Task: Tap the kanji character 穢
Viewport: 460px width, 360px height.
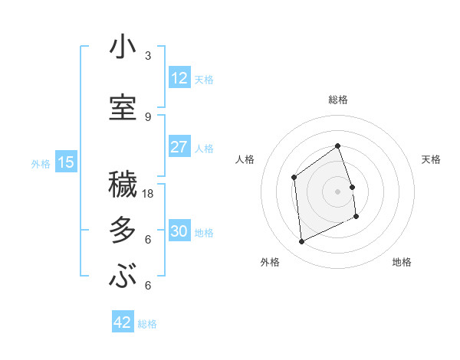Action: (x=123, y=186)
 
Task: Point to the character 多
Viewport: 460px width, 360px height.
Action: (x=123, y=231)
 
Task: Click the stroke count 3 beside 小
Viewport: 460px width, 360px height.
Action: (x=148, y=56)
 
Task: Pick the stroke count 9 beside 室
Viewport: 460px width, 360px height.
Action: (x=148, y=116)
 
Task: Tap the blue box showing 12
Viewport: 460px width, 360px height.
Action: (x=179, y=78)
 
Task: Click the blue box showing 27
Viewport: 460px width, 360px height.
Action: (x=179, y=147)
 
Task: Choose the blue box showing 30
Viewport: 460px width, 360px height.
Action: (x=179, y=231)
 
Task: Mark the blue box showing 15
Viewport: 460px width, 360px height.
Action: (x=66, y=162)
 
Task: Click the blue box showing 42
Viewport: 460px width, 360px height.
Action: (x=122, y=322)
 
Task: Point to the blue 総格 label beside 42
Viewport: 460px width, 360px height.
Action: (x=147, y=324)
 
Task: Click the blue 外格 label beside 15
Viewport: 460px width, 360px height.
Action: (x=41, y=163)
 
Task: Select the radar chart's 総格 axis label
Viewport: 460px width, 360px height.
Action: (x=337, y=100)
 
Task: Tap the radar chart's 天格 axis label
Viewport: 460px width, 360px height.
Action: (x=431, y=159)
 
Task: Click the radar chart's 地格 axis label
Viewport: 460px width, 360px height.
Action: (x=401, y=262)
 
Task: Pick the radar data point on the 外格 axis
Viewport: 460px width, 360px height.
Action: (x=301, y=242)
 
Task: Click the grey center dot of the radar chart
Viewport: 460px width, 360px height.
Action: (x=337, y=191)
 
